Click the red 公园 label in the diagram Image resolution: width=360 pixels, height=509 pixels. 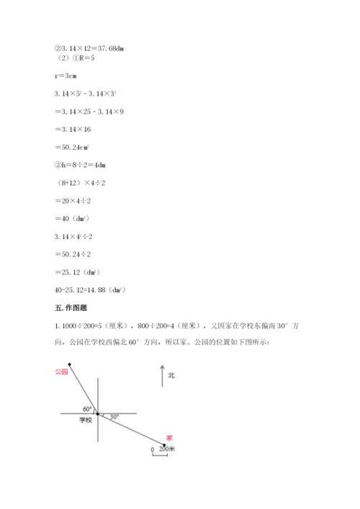pos(60,371)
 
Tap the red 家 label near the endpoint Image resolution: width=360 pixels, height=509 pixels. pos(169,437)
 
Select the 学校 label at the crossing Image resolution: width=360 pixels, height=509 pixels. pos(86,420)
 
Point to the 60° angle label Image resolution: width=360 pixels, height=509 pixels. pos(87,408)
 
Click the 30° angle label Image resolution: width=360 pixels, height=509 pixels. pos(114,416)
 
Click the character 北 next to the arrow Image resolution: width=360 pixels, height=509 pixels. pos(171,375)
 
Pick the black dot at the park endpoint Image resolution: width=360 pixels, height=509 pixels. pos(69,364)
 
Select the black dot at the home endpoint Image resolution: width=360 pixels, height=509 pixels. pos(163,445)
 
